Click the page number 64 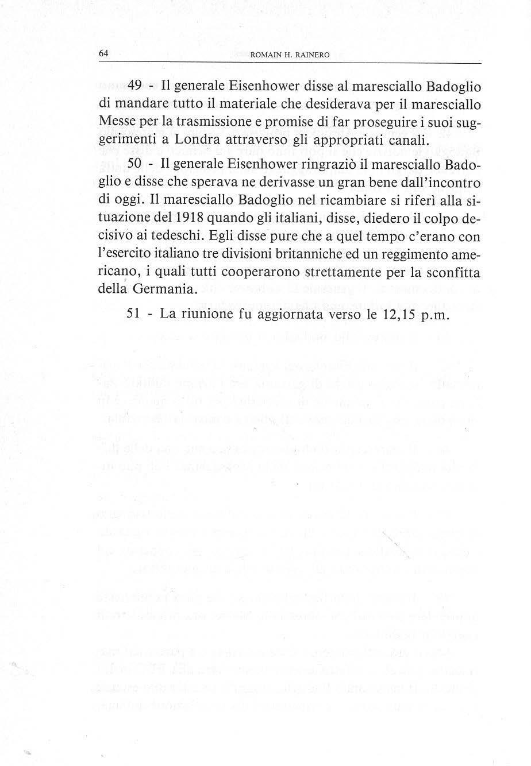(103, 53)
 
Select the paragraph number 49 (135, 87)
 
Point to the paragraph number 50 (135, 163)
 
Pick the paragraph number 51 (134, 314)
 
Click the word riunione (210, 314)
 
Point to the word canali (405, 140)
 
